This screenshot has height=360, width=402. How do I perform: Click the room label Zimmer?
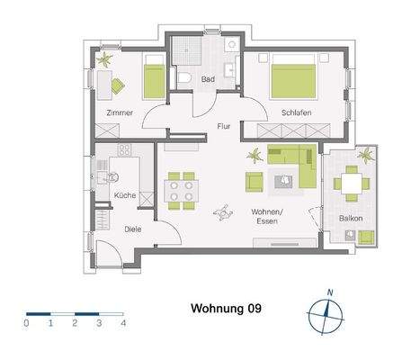(120, 112)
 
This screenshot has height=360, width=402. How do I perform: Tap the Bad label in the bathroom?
(208, 79)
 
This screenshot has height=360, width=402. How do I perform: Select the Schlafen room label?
(296, 112)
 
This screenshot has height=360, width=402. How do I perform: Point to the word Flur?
(224, 126)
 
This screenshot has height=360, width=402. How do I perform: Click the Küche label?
(125, 195)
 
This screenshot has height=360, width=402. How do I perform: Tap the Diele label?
(133, 229)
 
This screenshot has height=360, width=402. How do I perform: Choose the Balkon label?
(351, 218)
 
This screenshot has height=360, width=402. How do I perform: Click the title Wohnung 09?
(226, 309)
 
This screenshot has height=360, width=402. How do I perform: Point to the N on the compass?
(330, 292)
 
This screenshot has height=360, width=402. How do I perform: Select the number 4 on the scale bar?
(123, 323)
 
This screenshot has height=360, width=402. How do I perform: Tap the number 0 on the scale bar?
(26, 323)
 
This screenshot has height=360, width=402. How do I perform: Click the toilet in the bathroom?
(184, 78)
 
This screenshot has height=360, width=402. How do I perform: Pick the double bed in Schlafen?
(293, 76)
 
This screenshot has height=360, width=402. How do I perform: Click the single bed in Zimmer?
(155, 76)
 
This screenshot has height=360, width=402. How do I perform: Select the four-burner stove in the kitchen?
(125, 150)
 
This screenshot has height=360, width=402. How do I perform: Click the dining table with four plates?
(181, 191)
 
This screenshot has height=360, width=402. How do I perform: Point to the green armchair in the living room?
(255, 182)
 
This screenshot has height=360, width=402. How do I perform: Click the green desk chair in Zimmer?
(118, 85)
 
